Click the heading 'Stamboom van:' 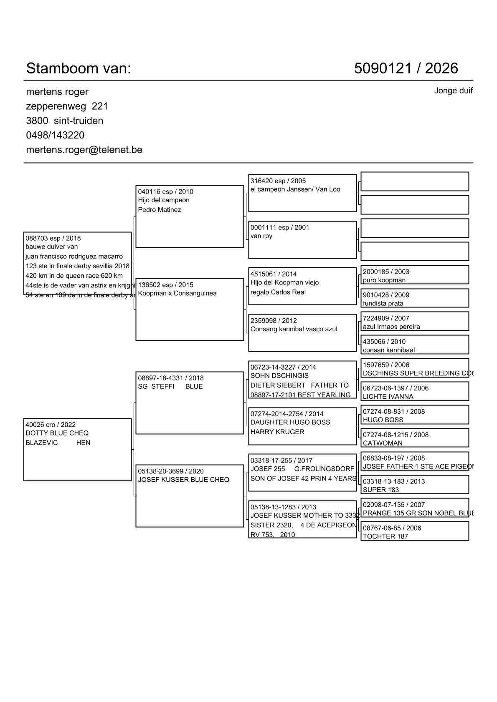(79, 68)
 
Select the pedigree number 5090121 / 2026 (406, 68)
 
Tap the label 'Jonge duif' (453, 91)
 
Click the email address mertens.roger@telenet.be (84, 150)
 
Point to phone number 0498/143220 (55, 135)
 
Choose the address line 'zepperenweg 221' (67, 106)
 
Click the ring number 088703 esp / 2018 (53, 238)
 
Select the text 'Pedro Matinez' (160, 210)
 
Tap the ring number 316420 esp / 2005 (278, 181)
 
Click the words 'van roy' (261, 236)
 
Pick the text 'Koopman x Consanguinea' (177, 293)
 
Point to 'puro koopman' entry (384, 280)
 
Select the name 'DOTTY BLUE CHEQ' (57, 433)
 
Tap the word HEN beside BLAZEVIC (83, 443)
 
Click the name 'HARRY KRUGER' (277, 432)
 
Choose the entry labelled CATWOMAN (383, 443)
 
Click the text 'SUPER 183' (380, 490)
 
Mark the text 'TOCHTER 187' (385, 536)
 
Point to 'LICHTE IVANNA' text (388, 397)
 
